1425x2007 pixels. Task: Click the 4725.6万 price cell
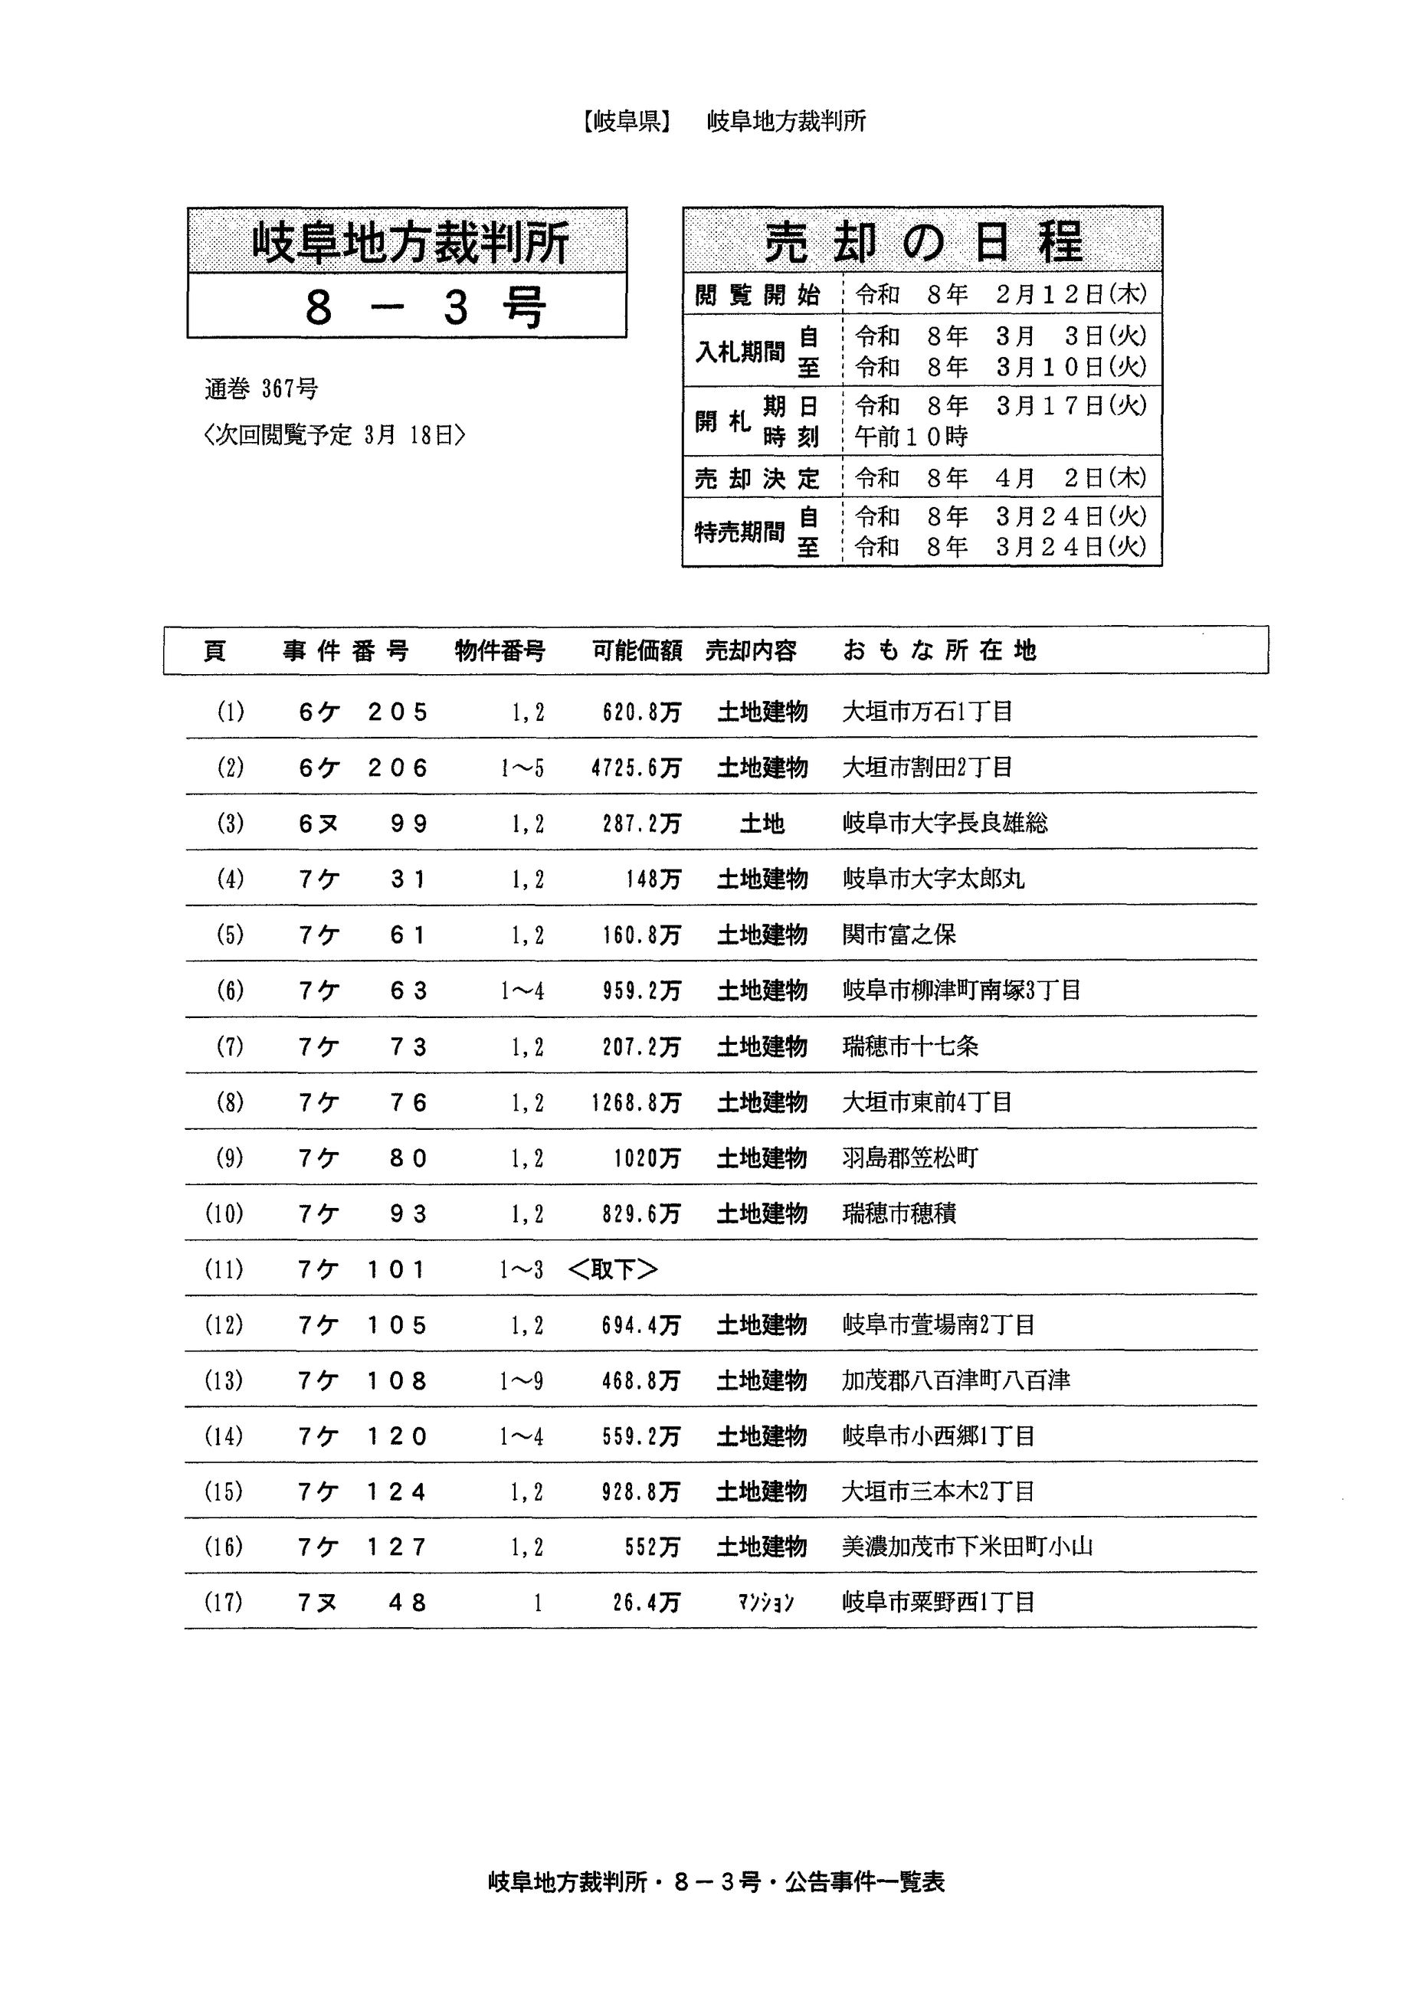635,768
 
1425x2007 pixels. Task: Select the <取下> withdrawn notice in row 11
612,1269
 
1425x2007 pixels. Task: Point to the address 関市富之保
899,935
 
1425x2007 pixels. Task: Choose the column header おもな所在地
939,651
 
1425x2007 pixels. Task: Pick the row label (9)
230,1159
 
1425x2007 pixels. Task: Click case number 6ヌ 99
362,823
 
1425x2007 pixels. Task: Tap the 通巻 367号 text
261,388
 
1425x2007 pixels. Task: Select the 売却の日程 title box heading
922,242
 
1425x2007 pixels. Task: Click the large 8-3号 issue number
424,308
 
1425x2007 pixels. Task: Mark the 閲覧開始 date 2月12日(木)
1070,295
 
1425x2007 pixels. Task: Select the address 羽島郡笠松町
909,1159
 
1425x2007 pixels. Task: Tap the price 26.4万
646,1603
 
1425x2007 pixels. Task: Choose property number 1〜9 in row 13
522,1382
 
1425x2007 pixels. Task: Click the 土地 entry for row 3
762,823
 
